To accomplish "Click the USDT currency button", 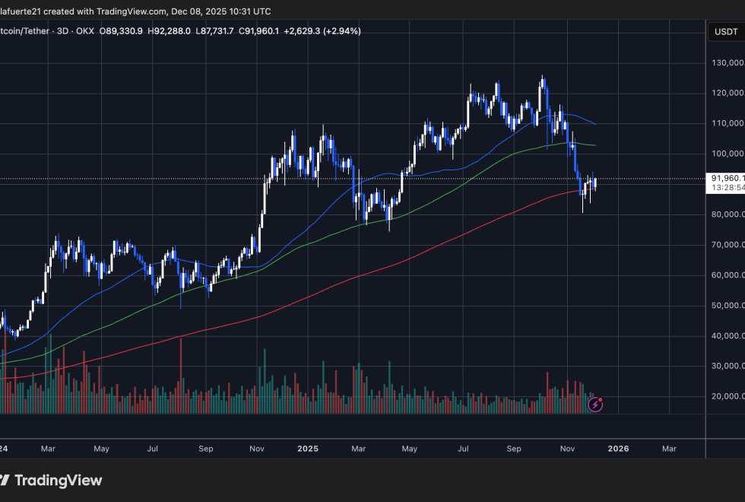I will pyautogui.click(x=725, y=32).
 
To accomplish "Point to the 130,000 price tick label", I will pyautogui.click(x=726, y=62).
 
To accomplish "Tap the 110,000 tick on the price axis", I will pyautogui.click(x=726, y=123).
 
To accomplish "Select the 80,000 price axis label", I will pyautogui.click(x=726, y=214).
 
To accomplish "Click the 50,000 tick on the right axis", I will pyautogui.click(x=726, y=306).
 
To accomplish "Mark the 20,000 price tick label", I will pyautogui.click(x=726, y=396).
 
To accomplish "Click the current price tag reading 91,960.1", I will pyautogui.click(x=726, y=178).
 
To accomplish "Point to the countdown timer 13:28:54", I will pyautogui.click(x=726, y=187).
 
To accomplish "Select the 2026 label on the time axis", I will pyautogui.click(x=618, y=449).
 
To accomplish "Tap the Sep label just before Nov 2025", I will pyautogui.click(x=514, y=449).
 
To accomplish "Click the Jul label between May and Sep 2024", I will pyautogui.click(x=153, y=449).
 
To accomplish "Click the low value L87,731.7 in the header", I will pyautogui.click(x=216, y=31).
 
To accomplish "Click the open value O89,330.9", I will pyautogui.click(x=122, y=31).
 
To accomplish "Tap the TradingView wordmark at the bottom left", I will pyautogui.click(x=58, y=481).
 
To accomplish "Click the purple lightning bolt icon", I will pyautogui.click(x=596, y=404).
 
